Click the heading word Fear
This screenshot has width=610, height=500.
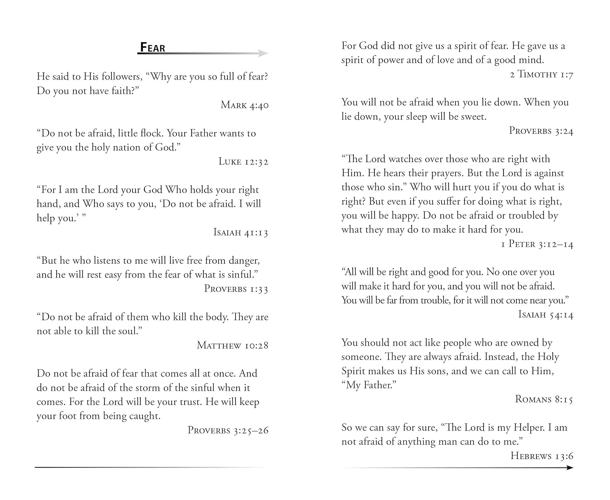pos(152,48)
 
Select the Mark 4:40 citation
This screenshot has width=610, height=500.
pos(244,105)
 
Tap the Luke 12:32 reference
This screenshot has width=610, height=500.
pos(243,162)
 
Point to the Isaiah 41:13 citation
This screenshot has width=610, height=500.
pos(241,232)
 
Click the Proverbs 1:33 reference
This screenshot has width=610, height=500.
pos(236,289)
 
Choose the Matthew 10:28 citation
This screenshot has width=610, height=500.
pos(233,345)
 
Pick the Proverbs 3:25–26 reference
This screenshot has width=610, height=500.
pos(228,430)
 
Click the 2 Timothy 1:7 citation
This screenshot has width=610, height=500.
pos(541,74)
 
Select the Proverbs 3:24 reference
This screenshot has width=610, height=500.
pos(541,131)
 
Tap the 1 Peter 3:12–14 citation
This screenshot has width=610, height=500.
pos(537,244)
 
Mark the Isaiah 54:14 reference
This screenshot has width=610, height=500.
pos(545,314)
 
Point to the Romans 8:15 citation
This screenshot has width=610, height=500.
pos(544,399)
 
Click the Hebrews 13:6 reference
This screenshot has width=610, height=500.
pos(542,456)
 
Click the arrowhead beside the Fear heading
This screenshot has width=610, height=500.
pos(264,53)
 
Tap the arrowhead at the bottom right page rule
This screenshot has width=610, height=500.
pos(569,468)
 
